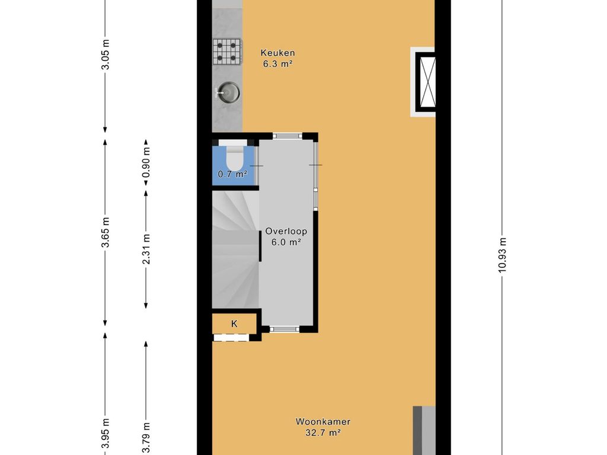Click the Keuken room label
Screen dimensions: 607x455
tap(277, 53)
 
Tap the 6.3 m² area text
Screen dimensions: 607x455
tap(277, 64)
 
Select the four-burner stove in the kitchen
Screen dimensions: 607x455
tap(227, 52)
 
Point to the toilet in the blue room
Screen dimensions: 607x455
tap(234, 155)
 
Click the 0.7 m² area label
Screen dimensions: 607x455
tap(232, 174)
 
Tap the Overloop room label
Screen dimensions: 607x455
tap(286, 232)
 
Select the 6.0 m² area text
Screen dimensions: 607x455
tap(286, 242)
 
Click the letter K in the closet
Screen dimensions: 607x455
tap(234, 324)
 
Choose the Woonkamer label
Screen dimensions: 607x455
tap(323, 422)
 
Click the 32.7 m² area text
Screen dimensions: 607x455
tap(323, 433)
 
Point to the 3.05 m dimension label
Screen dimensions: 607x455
tap(105, 55)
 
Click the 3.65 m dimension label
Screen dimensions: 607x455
tap(105, 232)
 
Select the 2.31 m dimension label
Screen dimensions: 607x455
tap(146, 249)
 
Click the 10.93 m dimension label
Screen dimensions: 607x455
tap(502, 255)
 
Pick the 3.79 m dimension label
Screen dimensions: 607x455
tap(146, 438)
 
